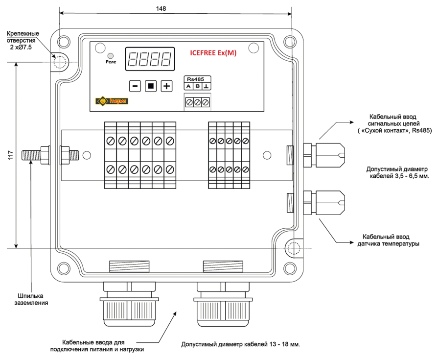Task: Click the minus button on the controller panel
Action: [x=135, y=86]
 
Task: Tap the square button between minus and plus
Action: [x=151, y=86]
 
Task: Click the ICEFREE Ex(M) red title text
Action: [x=213, y=53]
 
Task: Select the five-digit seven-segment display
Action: [x=150, y=59]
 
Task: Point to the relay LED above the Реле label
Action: [x=111, y=55]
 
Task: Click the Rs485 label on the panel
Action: [x=196, y=79]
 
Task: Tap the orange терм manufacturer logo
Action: [x=112, y=101]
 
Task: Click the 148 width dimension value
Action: [x=161, y=9]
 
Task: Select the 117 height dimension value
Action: [x=11, y=155]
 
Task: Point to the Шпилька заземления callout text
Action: [x=31, y=299]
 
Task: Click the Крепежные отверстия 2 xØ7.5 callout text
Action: [x=23, y=41]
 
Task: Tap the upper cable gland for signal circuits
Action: [x=324, y=155]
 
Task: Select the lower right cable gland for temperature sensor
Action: [x=324, y=203]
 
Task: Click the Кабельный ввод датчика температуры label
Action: [x=388, y=240]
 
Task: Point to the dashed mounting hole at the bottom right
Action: [x=294, y=248]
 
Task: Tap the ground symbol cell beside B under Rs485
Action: [x=206, y=86]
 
